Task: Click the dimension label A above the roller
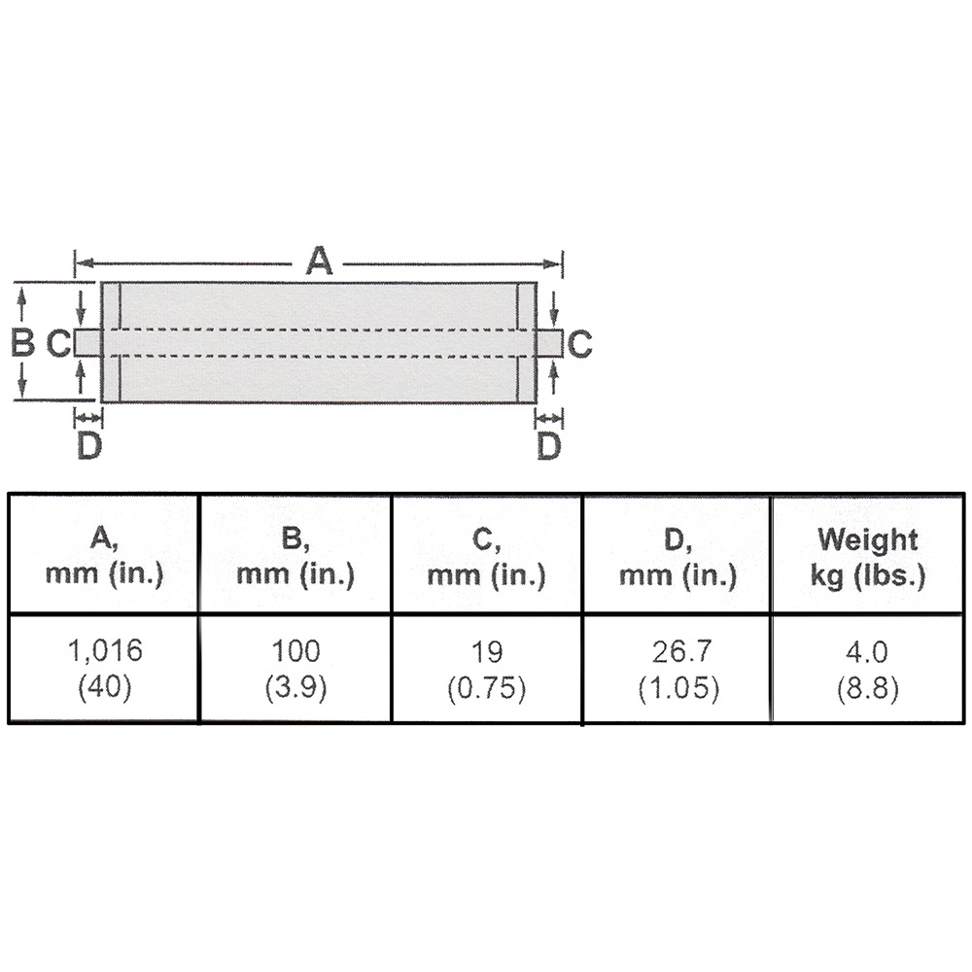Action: click(x=319, y=261)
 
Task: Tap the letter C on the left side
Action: click(x=58, y=342)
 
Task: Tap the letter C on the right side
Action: click(x=579, y=342)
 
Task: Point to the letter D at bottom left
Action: click(x=88, y=446)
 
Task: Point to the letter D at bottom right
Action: click(x=549, y=446)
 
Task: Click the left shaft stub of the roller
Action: click(x=87, y=342)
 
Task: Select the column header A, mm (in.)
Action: click(x=104, y=555)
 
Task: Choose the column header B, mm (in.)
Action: click(x=295, y=555)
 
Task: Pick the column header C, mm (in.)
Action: click(x=486, y=555)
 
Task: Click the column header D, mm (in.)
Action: click(x=677, y=555)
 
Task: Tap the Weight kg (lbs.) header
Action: click(x=867, y=555)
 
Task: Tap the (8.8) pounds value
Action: click(x=867, y=688)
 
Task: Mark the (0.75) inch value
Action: click(x=486, y=688)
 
